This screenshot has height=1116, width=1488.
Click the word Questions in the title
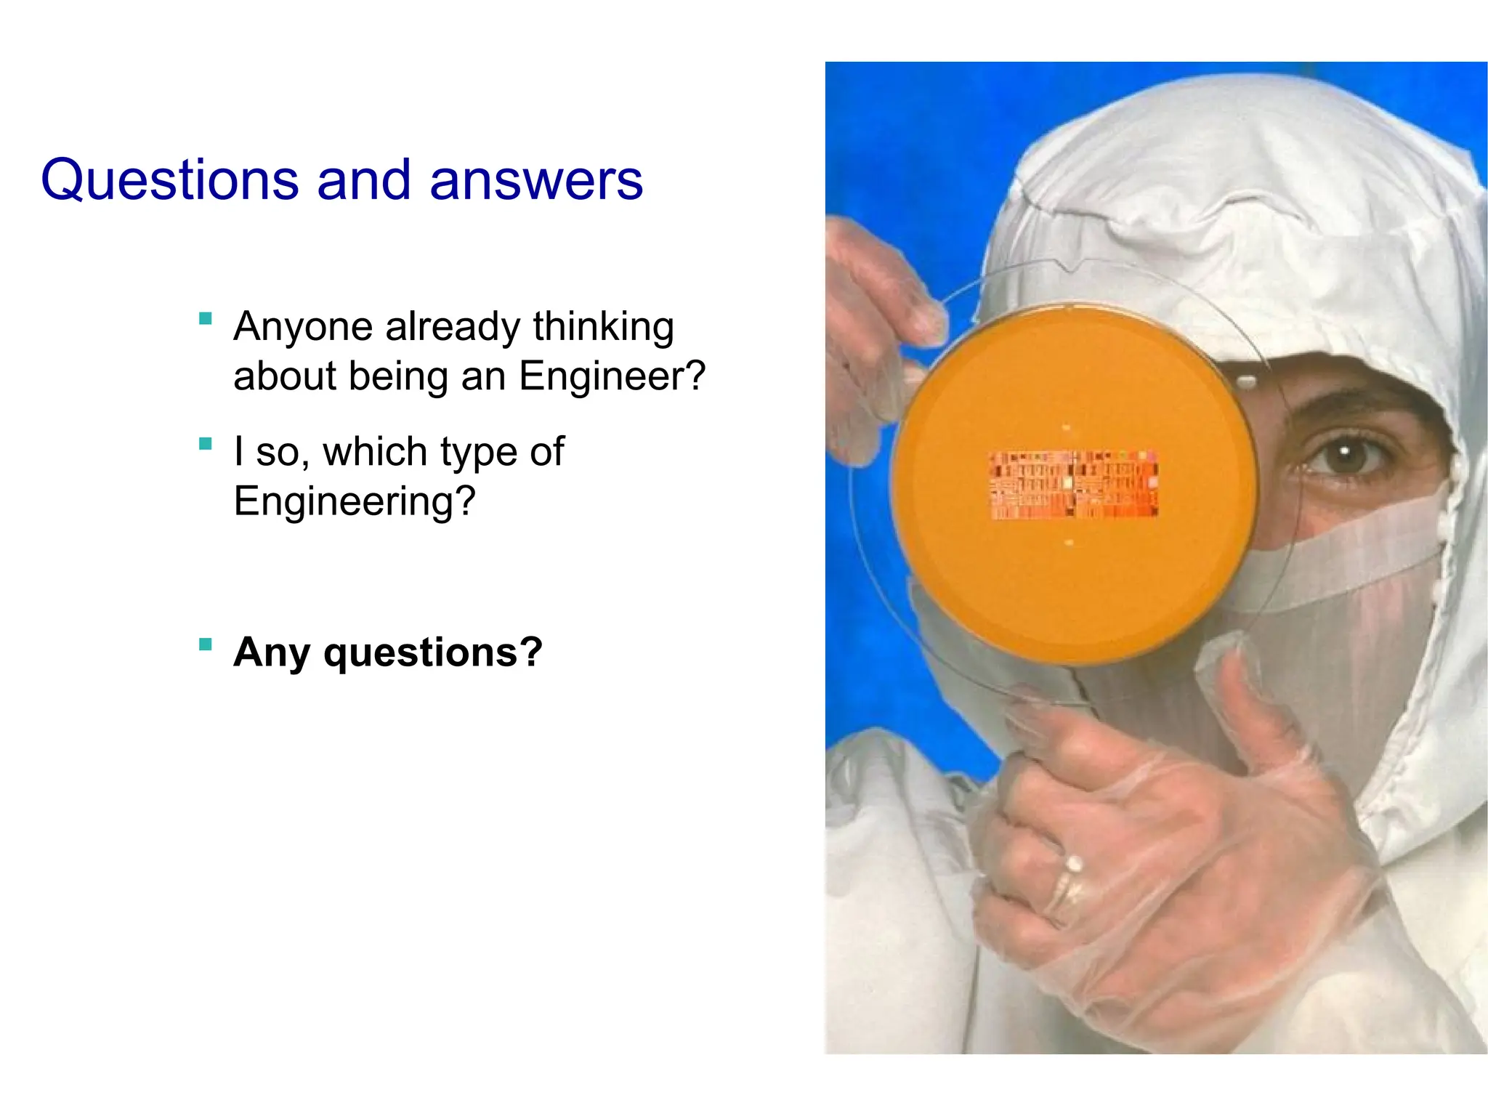[x=169, y=180]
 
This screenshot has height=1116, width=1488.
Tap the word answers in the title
[x=536, y=180]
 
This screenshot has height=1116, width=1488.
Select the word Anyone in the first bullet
[x=303, y=327]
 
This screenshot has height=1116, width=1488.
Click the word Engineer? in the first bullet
[x=612, y=376]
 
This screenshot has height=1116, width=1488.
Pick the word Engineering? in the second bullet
[x=355, y=501]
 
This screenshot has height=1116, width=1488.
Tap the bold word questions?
[x=433, y=652]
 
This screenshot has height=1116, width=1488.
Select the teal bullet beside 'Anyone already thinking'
[x=206, y=318]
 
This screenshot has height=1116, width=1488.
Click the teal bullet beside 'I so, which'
[x=206, y=444]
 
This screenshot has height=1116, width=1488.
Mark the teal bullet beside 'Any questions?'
[x=206, y=644]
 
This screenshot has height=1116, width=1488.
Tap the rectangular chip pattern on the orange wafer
[x=1074, y=485]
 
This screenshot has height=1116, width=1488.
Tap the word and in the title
[x=363, y=180]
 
